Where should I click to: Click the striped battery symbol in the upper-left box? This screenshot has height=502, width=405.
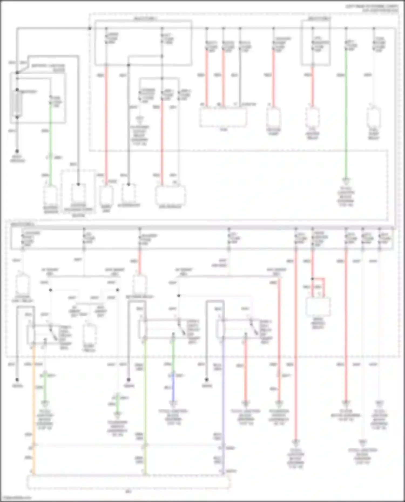click(x=17, y=104)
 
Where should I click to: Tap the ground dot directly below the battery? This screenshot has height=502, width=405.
click(x=17, y=151)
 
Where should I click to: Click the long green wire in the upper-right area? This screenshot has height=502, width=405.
click(x=346, y=113)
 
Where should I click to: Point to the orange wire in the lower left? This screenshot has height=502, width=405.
click(x=34, y=405)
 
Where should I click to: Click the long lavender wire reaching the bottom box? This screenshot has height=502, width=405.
click(x=223, y=405)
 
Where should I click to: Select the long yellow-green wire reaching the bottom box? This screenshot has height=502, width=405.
click(x=145, y=405)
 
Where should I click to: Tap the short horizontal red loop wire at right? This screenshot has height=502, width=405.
click(x=319, y=278)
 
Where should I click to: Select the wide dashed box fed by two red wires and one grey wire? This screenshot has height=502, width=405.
click(x=223, y=117)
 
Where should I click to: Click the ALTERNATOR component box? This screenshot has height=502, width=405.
click(x=129, y=193)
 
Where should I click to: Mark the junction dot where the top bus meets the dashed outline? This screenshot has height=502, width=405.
click(x=90, y=28)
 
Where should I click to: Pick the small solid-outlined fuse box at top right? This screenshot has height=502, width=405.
click(x=316, y=43)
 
